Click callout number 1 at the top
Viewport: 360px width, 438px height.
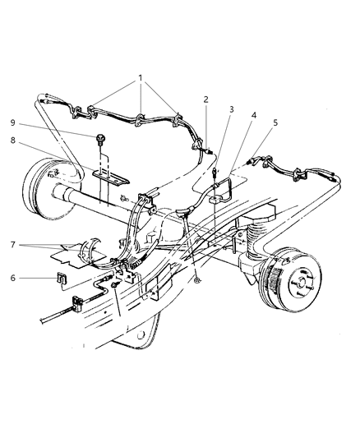coord(141,80)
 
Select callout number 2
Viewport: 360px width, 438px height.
coord(206,99)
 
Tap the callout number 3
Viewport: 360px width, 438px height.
coord(233,108)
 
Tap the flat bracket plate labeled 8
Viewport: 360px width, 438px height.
coord(104,173)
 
